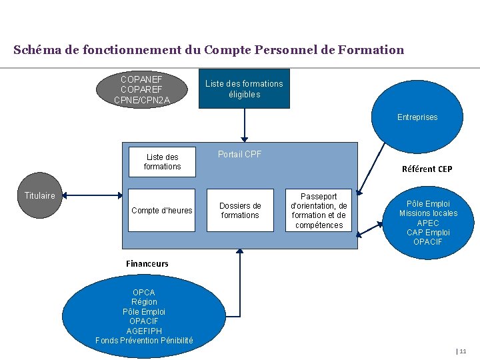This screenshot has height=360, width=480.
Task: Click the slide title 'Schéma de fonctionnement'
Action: (208, 50)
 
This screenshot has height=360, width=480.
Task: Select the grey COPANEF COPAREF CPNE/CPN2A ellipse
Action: (142, 89)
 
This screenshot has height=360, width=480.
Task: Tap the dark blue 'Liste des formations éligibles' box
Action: (244, 89)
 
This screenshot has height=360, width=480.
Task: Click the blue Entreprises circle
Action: (417, 117)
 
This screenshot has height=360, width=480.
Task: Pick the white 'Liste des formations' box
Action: (162, 162)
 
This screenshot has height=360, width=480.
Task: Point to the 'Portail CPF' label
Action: (239, 154)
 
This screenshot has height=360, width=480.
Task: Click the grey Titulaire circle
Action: (40, 195)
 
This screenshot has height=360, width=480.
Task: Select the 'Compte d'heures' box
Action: (162, 211)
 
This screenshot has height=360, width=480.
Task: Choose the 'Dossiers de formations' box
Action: (240, 211)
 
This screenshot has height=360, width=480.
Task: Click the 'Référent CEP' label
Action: (427, 169)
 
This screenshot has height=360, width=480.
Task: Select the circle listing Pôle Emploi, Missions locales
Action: (428, 223)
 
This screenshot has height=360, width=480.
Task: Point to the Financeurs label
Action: (147, 263)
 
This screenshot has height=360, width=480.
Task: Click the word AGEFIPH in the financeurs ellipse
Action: (144, 331)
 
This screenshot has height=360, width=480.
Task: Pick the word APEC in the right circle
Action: (428, 223)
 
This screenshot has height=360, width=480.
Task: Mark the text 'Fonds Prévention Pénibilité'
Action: (144, 340)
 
